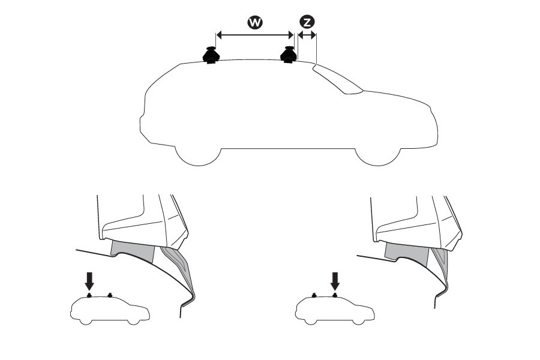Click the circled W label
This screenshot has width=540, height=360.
(x=254, y=22)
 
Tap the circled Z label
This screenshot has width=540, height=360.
(x=307, y=22)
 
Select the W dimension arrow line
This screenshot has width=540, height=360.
(x=254, y=35)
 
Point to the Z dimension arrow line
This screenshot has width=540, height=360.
(x=307, y=35)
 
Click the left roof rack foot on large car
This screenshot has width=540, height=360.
(x=211, y=55)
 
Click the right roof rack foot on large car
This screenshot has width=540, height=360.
(x=289, y=55)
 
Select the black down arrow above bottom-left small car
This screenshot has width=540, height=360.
(x=89, y=280)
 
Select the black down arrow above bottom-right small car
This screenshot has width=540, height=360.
(x=335, y=280)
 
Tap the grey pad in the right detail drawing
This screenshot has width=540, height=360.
(x=403, y=251)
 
